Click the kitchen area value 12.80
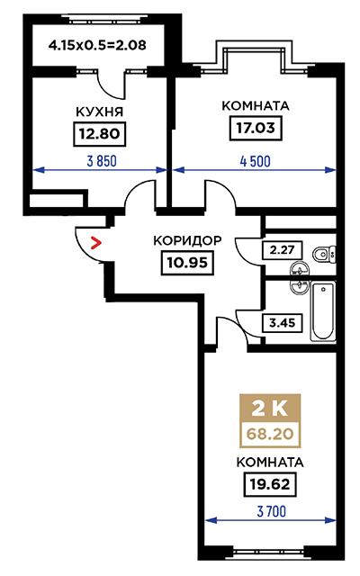(100, 134)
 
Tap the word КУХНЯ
(100, 112)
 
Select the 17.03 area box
(256, 128)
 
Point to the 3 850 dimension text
(102, 161)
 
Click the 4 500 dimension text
(256, 161)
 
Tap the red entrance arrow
(96, 243)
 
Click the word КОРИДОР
(187, 240)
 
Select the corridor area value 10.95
(187, 263)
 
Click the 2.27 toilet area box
(282, 250)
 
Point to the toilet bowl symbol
(325, 254)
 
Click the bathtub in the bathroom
(323, 311)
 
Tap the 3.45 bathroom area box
(282, 323)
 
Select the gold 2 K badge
(270, 409)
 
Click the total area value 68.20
(270, 434)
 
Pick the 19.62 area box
(270, 484)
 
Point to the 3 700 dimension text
(271, 511)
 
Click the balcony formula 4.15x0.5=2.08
(97, 45)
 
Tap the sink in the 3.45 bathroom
(300, 286)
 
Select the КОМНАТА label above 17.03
(256, 106)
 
